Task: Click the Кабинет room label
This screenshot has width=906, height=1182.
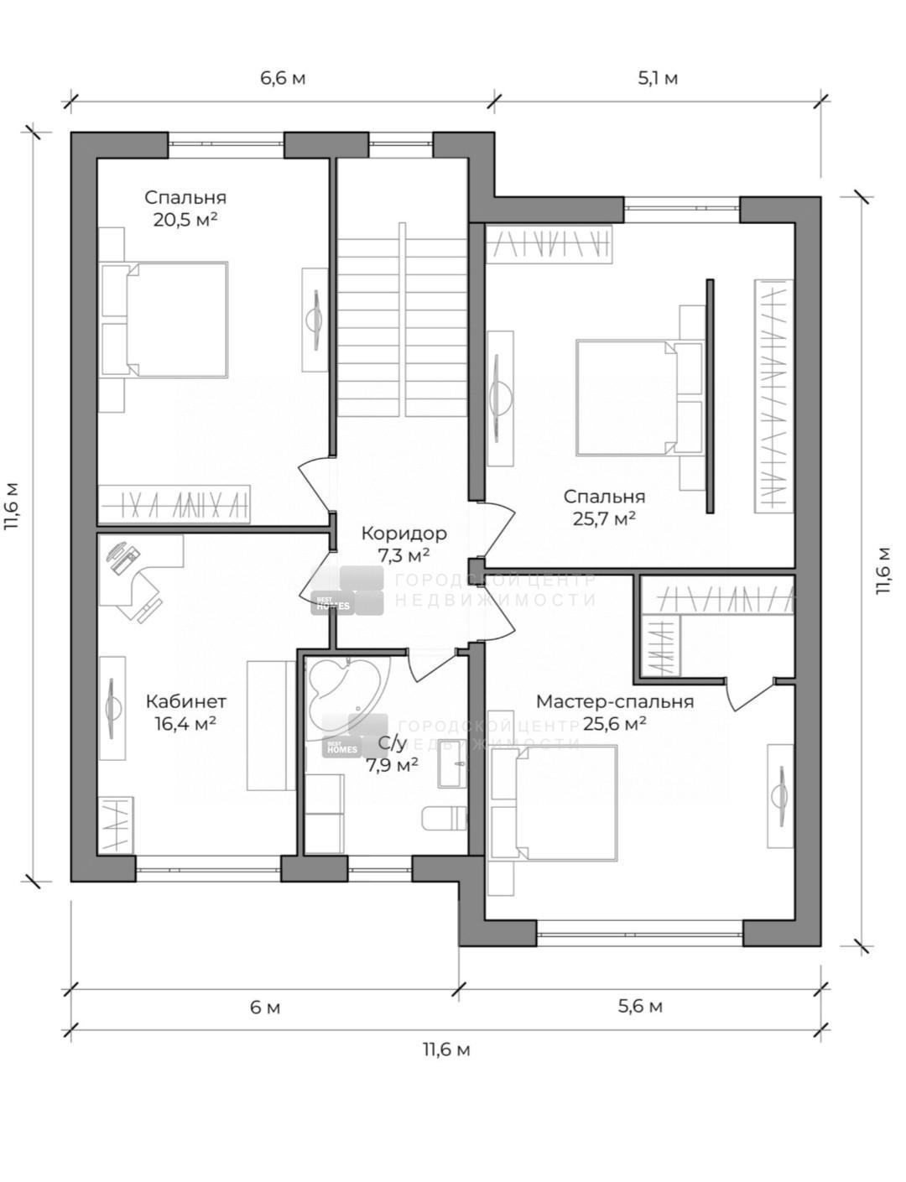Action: pos(185,701)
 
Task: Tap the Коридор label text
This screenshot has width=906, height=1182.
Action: pos(404,534)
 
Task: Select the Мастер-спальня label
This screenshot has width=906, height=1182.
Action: pos(615,701)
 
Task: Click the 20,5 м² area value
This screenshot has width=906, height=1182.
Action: pos(185,220)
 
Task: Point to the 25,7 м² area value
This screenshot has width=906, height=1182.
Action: pos(604,519)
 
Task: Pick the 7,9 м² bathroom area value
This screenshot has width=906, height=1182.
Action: pos(392,765)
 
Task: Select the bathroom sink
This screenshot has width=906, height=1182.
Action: pos(453,763)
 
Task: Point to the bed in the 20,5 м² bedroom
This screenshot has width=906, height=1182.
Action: pos(164,320)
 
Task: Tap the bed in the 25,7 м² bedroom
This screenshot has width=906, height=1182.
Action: pos(639,398)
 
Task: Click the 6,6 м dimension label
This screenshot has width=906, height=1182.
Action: pos(283,78)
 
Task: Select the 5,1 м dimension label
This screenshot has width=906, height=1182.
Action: pos(658,78)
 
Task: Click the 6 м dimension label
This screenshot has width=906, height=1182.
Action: pos(265,1008)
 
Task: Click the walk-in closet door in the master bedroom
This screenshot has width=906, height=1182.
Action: pos(749,694)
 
